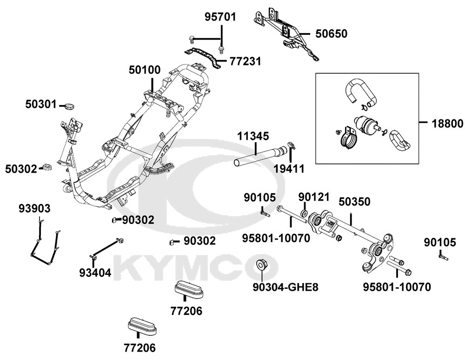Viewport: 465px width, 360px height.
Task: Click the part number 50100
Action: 145,70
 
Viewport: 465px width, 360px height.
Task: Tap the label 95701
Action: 220,17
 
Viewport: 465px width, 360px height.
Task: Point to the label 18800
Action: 447,123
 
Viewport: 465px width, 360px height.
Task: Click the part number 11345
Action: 253,137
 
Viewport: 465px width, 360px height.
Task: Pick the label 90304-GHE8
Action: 286,287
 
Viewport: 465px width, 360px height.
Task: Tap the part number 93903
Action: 34,209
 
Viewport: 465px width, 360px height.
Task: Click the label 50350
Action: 354,202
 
